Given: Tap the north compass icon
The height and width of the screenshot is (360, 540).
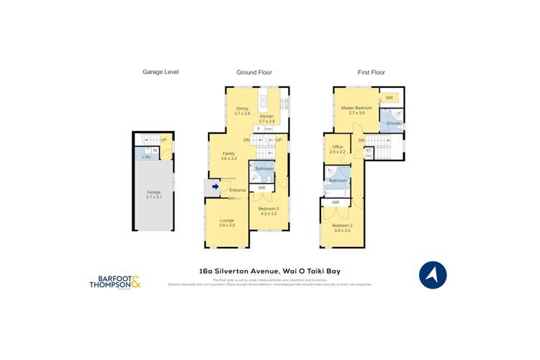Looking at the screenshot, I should pos(433,274).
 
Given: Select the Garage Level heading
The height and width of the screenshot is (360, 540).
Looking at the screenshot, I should pos(161,72).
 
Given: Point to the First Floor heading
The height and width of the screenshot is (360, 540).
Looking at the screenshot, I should pos(372,72).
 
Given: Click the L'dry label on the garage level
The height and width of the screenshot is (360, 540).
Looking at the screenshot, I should pos(145,157).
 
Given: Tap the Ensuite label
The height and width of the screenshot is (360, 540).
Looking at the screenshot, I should pos(393,124).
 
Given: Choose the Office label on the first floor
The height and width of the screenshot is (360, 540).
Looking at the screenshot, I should pos(338,149).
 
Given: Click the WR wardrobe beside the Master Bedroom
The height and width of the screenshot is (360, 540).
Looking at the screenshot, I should pos(389,98).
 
